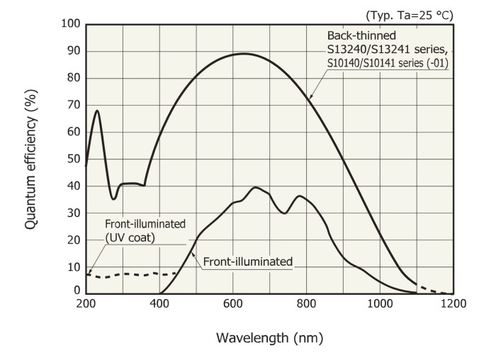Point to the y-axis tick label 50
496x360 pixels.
click(x=72, y=159)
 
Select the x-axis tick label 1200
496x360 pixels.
click(x=453, y=304)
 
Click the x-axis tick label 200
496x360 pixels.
click(x=86, y=304)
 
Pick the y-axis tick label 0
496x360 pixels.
click(x=76, y=291)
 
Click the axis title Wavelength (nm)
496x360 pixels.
click(x=269, y=339)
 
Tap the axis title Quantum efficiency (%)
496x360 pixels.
click(x=31, y=157)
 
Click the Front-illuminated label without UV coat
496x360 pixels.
click(x=248, y=262)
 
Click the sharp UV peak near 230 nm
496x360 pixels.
click(x=97, y=111)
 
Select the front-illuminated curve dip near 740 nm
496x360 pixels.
click(x=285, y=213)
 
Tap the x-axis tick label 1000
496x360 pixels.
click(x=380, y=304)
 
